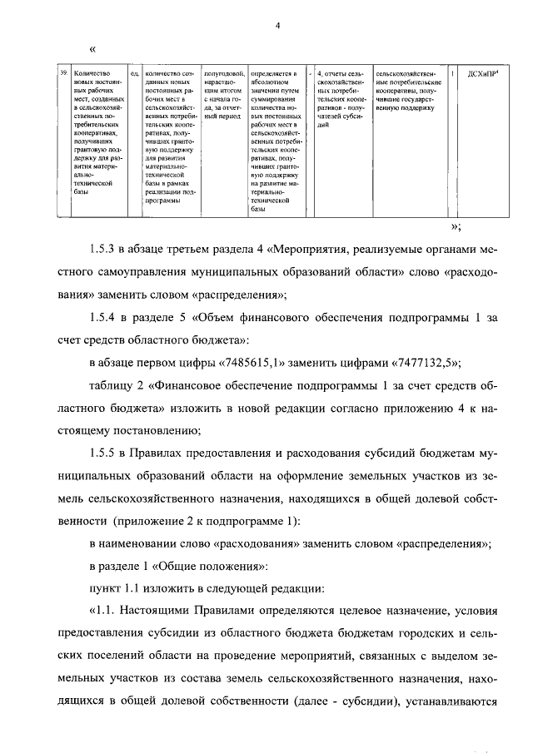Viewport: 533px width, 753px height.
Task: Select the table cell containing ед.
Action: click(x=134, y=74)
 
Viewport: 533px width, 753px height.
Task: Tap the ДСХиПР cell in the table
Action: click(x=482, y=74)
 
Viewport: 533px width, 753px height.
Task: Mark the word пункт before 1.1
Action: click(x=105, y=589)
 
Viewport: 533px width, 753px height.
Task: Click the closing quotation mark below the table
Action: click(x=454, y=225)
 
